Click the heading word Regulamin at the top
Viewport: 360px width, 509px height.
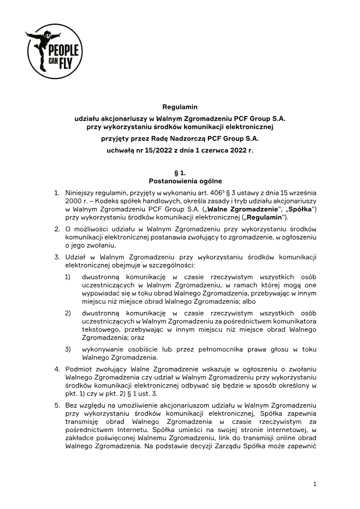[180, 107]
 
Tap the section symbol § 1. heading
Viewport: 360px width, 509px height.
[180, 173]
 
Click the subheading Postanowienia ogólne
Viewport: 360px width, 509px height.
[180, 181]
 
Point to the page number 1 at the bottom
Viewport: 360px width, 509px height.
[315, 484]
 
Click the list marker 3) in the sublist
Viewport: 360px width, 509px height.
[68, 349]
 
